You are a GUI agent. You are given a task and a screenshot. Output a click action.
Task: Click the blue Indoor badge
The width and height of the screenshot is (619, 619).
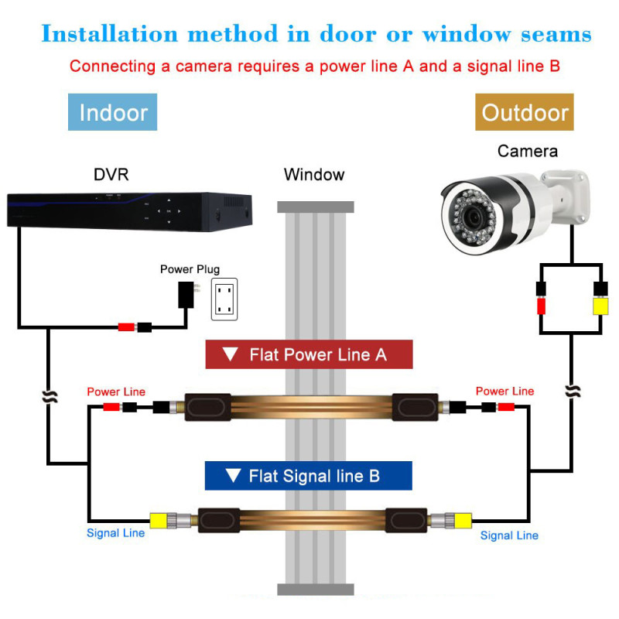113,112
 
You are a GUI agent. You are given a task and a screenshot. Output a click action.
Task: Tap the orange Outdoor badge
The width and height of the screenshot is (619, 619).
525,112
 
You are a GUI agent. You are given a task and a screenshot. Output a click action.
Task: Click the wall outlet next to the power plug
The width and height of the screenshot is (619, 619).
225,299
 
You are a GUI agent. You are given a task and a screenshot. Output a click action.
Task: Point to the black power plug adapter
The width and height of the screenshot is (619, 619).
186,294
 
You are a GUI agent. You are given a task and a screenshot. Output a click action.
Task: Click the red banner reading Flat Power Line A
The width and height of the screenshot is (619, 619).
309,355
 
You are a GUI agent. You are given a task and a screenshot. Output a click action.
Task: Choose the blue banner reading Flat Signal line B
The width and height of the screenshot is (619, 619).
308,476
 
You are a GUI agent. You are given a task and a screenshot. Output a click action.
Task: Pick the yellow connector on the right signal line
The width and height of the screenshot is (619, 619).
461,519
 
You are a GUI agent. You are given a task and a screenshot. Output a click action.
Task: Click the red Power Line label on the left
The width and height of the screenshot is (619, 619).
116,392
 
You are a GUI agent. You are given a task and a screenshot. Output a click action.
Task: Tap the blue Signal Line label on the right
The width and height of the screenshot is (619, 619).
509,535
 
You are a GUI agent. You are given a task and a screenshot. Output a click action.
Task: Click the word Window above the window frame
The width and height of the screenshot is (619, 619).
314,174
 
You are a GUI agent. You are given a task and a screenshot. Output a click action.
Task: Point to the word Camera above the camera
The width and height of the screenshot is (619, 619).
527,151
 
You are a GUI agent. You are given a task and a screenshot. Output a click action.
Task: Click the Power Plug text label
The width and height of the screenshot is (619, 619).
190,269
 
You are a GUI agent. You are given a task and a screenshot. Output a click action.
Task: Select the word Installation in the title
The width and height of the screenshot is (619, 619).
104,33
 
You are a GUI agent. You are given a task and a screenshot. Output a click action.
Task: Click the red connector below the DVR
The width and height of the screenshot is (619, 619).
125,327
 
